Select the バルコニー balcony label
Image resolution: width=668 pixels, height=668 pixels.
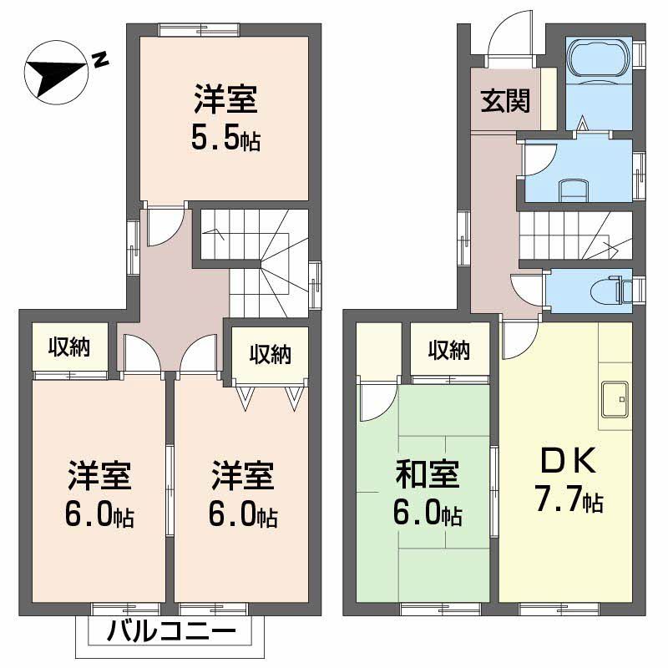pos(170,633)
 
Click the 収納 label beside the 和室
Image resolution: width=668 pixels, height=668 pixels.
pos(448,350)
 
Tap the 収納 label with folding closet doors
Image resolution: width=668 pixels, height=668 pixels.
pos(270,353)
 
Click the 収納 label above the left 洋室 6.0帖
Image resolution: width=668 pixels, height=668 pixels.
pos(69,346)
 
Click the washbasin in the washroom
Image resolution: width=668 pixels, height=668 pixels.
pos(573,189)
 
